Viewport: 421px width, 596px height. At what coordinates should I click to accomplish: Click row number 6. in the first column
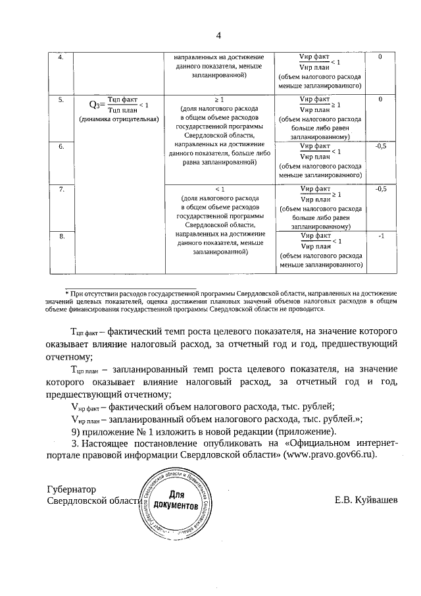(61, 146)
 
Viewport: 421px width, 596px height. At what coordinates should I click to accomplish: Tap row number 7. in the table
(61, 189)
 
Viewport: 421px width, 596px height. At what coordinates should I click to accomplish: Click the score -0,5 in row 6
(380, 146)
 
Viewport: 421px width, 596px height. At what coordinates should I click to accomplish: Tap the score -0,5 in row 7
(380, 189)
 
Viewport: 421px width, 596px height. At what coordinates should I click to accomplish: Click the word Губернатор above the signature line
(72, 489)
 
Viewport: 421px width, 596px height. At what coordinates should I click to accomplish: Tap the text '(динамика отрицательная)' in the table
(118, 119)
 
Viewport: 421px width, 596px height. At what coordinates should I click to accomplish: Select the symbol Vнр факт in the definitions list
(85, 407)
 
